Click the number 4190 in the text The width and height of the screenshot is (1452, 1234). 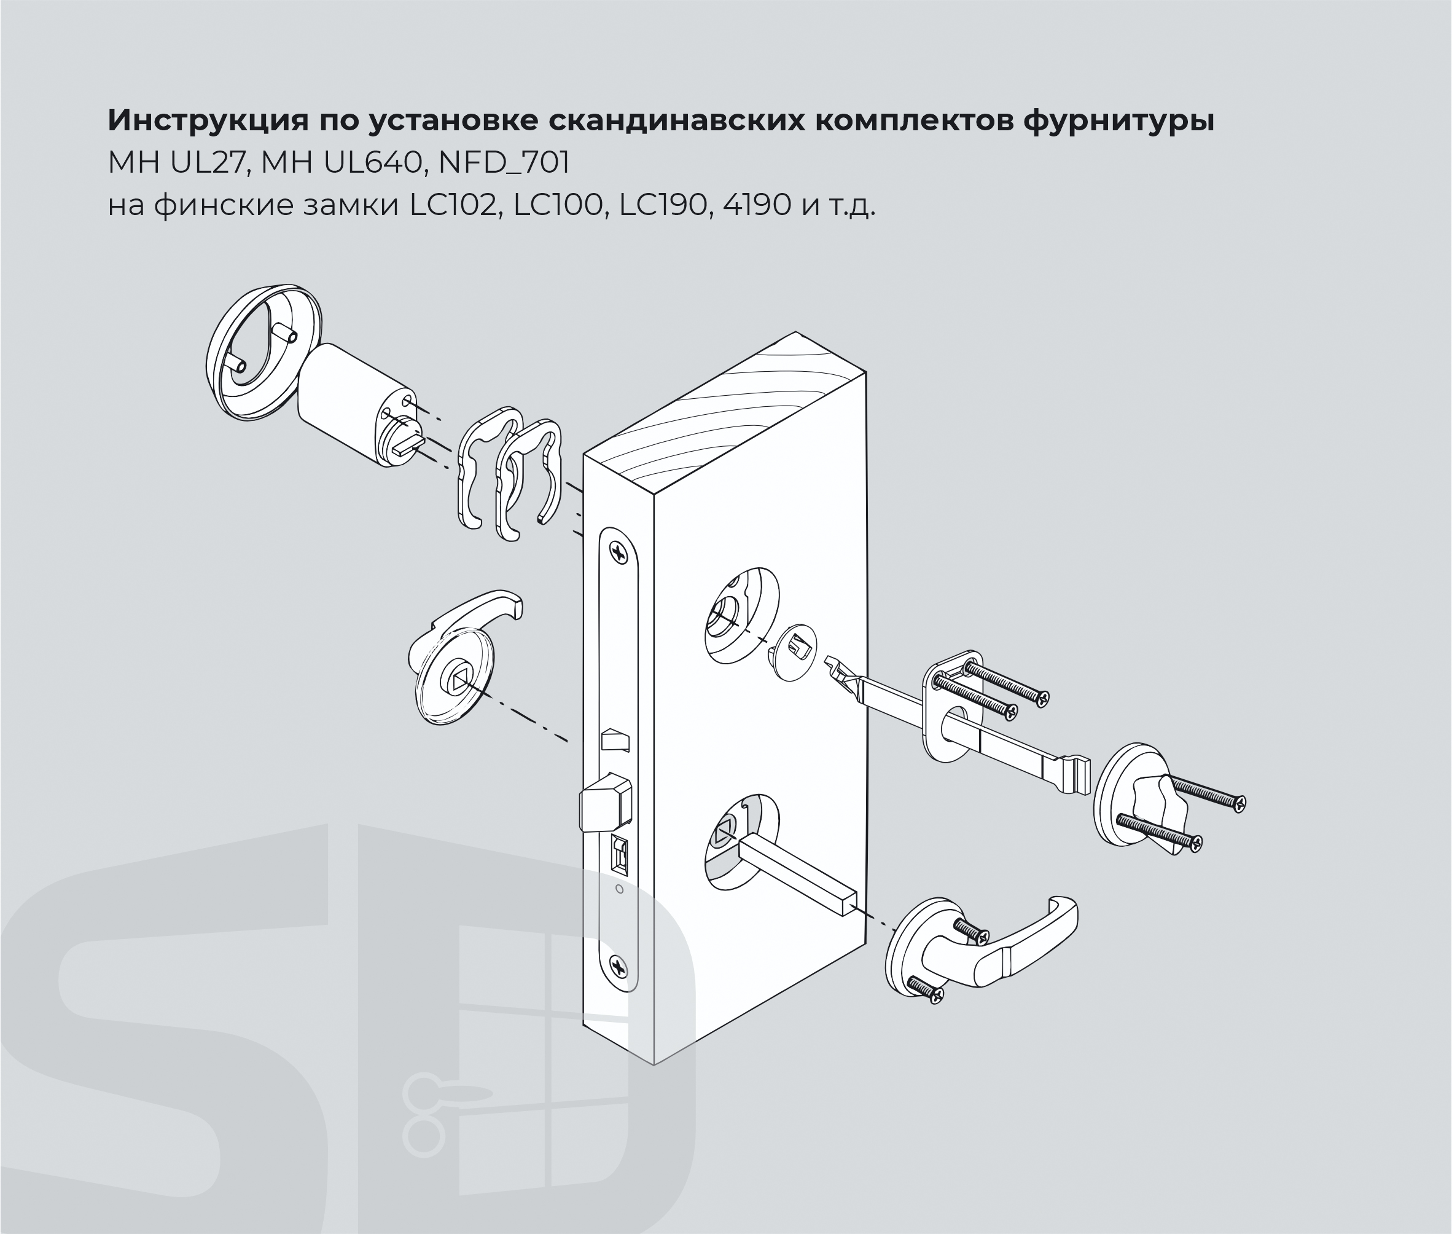[x=758, y=206]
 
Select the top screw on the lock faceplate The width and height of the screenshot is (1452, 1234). [x=619, y=553]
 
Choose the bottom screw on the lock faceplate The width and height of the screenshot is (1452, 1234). [x=619, y=967]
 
